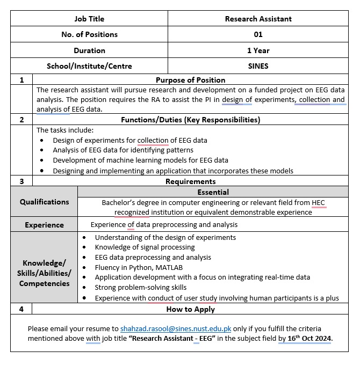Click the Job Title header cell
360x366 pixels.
point(89,19)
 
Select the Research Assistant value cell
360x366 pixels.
point(258,19)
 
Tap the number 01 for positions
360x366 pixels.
point(258,34)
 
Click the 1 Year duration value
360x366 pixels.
point(258,50)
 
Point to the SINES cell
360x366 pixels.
point(258,66)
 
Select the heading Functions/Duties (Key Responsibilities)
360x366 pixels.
point(190,120)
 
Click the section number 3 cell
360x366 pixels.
point(21,181)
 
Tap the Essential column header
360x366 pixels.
point(213,192)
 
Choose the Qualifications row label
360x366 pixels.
point(45,202)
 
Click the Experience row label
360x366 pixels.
point(44,225)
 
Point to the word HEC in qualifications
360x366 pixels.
point(318,203)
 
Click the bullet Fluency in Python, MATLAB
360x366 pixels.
point(139,267)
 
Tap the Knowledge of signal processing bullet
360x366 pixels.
point(145,247)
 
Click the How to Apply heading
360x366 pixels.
point(190,309)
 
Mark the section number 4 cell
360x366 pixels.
point(21,309)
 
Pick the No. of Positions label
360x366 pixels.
point(89,34)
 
